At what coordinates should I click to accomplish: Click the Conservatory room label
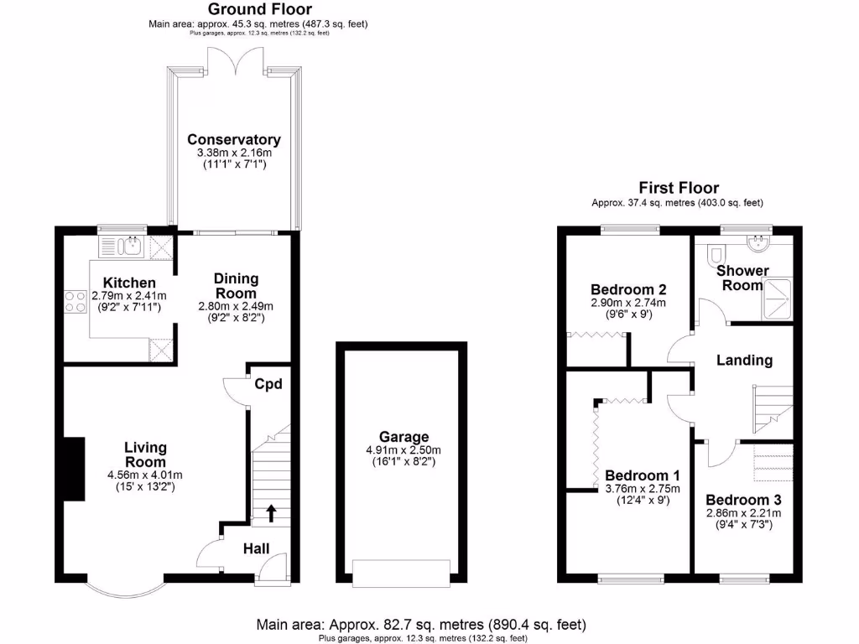233,139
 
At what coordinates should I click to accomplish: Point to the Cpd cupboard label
268,384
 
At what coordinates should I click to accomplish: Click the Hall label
256,548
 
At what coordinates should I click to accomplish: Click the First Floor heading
678,188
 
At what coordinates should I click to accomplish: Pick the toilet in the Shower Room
716,252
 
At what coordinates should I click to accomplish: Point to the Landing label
744,360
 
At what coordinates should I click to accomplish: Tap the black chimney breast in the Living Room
75,470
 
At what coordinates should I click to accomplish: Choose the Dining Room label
236,285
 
